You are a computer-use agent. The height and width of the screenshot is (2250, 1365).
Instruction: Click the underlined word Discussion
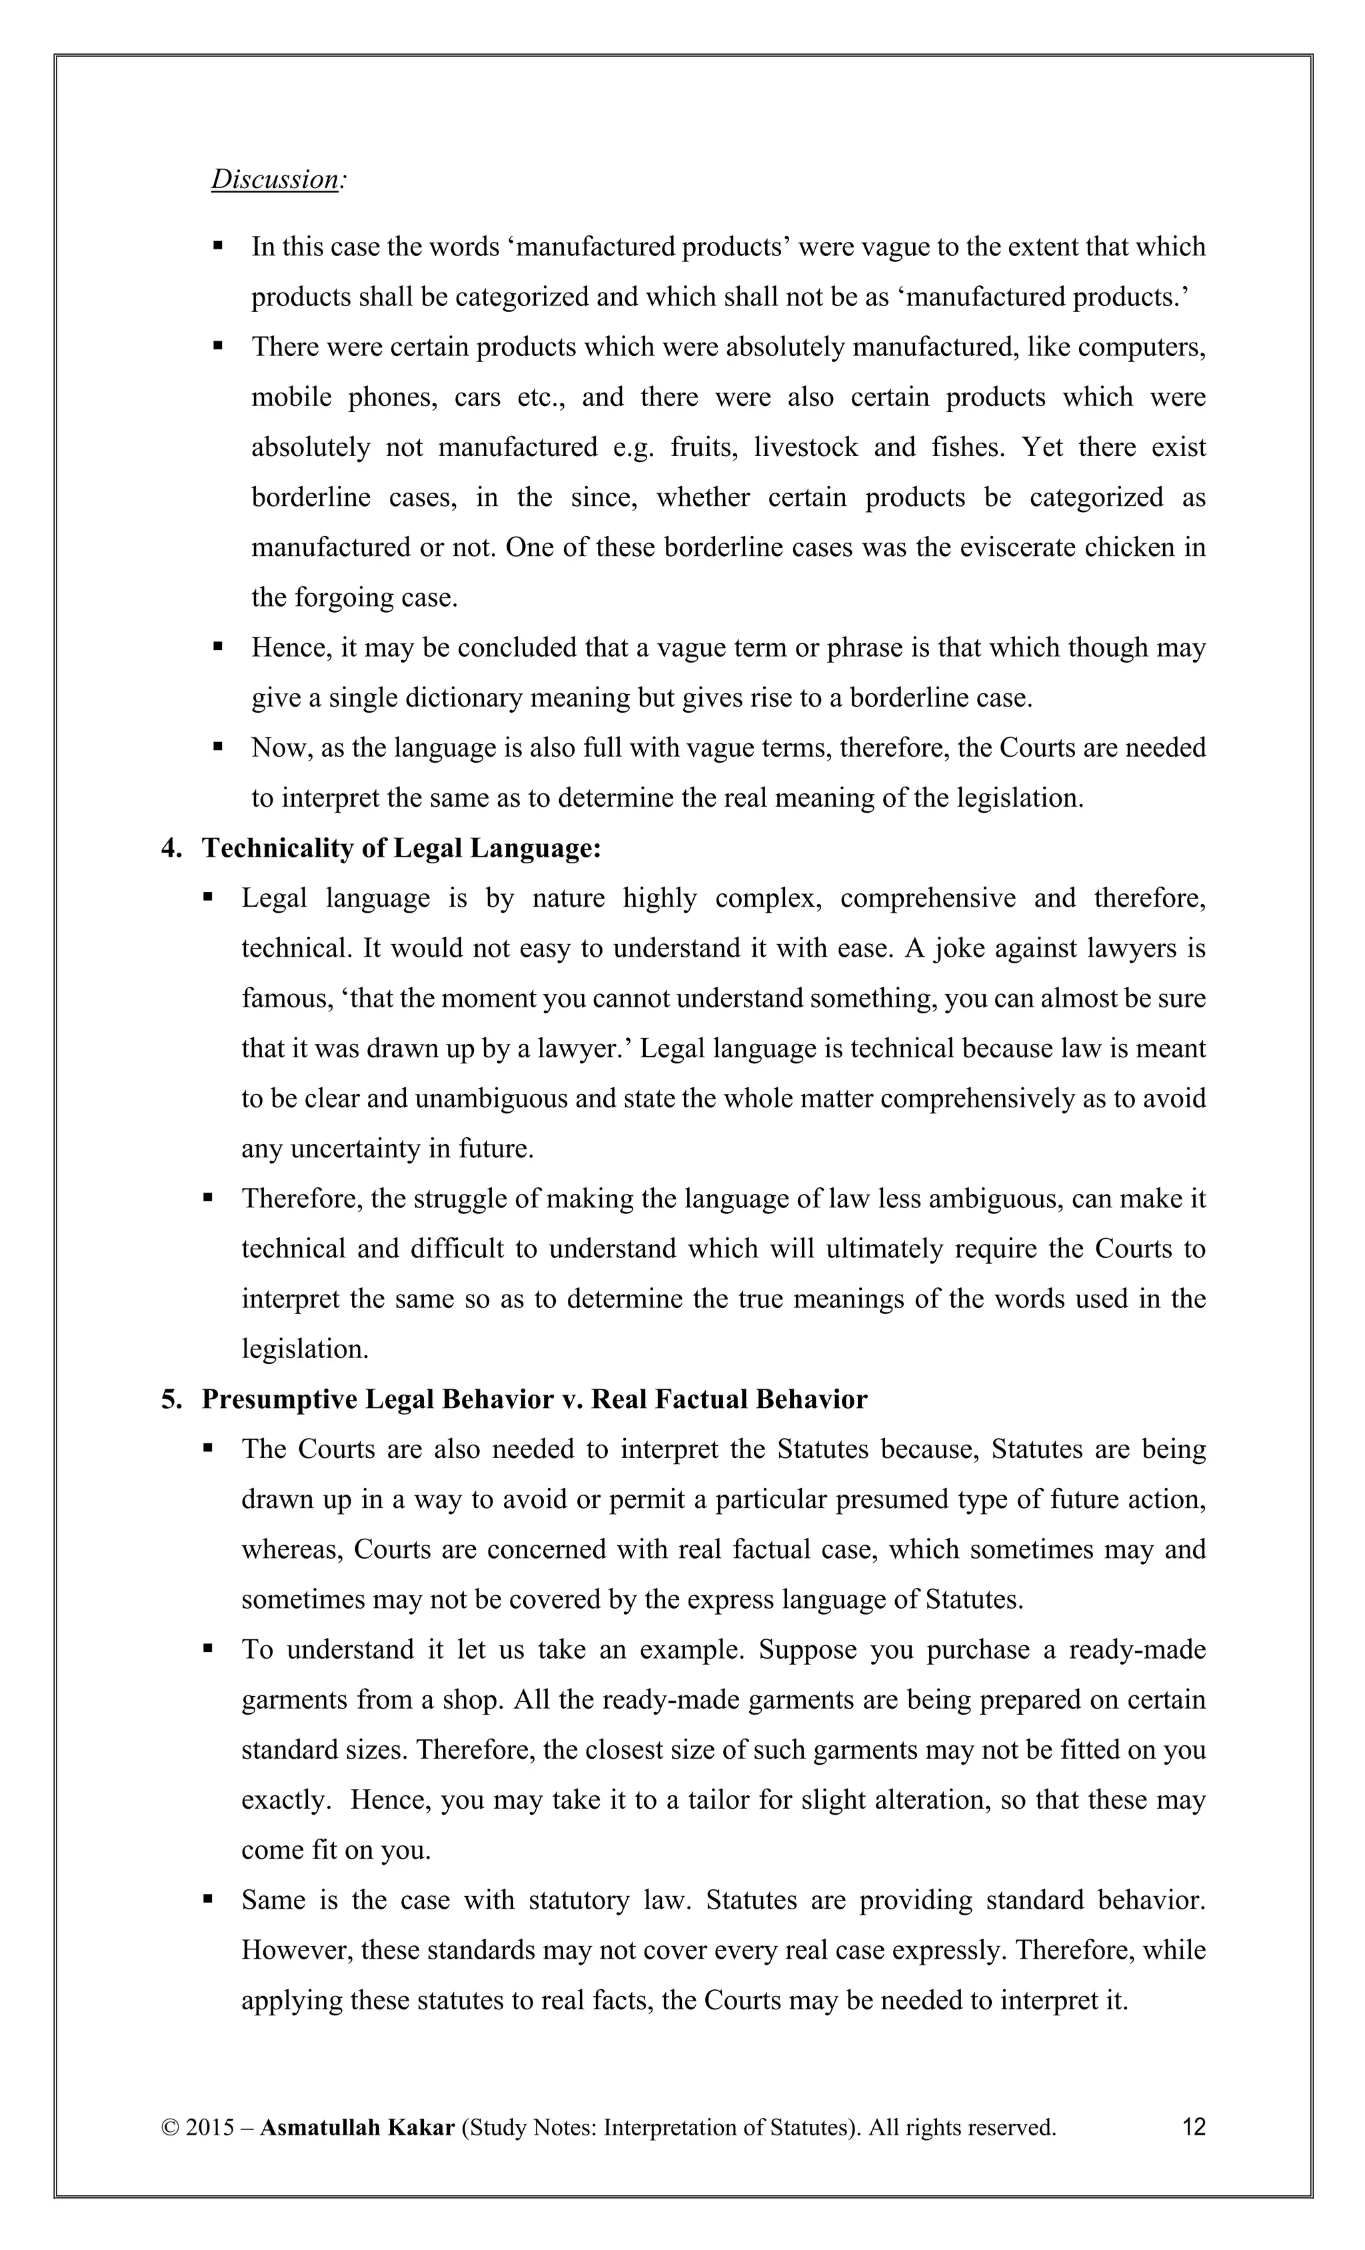(275, 179)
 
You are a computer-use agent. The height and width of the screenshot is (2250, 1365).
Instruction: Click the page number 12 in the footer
(1193, 2127)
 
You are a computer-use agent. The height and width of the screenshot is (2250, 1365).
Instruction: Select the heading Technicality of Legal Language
(401, 848)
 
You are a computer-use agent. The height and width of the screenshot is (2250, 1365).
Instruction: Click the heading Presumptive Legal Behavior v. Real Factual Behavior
(534, 1399)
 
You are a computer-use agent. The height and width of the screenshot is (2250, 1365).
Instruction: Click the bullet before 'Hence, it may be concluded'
(218, 647)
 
